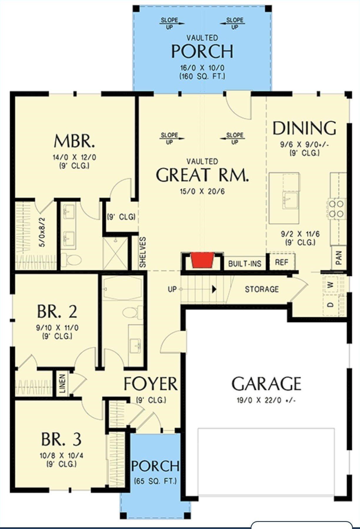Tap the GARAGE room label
click(x=266, y=384)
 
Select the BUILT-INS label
click(x=245, y=263)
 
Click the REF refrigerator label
click(x=281, y=262)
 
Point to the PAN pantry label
click(x=339, y=258)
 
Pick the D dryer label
click(x=331, y=304)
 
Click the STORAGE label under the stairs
click(x=261, y=289)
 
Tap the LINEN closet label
click(x=62, y=384)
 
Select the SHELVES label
click(x=143, y=252)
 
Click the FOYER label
click(x=151, y=384)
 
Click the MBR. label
click(x=74, y=141)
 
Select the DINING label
click(x=304, y=128)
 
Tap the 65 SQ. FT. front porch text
click(x=155, y=481)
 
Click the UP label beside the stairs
click(x=172, y=289)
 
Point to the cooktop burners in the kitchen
click(x=336, y=208)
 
